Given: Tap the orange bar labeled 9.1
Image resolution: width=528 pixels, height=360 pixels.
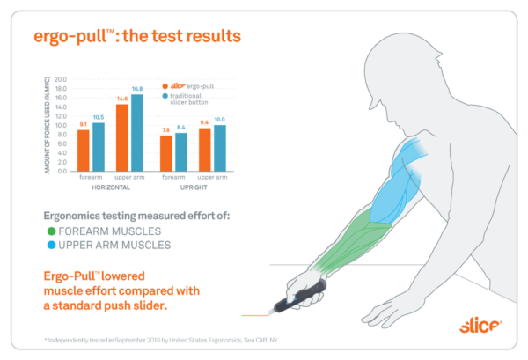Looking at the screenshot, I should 83,151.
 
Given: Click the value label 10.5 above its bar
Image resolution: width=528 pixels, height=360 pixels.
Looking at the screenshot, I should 98,117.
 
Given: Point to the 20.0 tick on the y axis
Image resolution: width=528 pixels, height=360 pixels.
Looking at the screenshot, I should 61,78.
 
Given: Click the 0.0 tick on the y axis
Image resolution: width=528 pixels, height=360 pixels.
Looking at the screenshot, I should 62,171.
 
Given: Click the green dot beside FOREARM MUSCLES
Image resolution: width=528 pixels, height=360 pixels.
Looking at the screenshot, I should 51,231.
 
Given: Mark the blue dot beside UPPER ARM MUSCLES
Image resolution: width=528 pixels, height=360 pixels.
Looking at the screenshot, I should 51,245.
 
